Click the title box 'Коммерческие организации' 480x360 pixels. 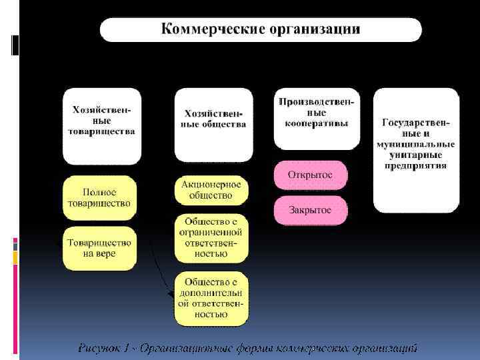(261, 30)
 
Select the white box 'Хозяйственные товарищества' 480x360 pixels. (101, 125)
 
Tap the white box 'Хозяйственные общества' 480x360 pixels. (214, 125)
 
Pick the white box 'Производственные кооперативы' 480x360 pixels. (316, 118)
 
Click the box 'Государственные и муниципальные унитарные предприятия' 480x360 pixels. (415, 150)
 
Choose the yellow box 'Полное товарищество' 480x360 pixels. (100, 198)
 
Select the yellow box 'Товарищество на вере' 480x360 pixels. (100, 248)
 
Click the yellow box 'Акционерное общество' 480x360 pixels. (211, 190)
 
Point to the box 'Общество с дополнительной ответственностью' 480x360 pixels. (211, 298)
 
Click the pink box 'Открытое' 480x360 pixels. (310, 175)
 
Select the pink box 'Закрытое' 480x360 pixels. (310, 210)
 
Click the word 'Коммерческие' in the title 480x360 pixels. (213, 29)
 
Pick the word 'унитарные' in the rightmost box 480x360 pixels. (415, 155)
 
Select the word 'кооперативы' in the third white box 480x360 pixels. (316, 123)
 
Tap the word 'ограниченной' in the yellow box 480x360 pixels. (211, 232)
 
